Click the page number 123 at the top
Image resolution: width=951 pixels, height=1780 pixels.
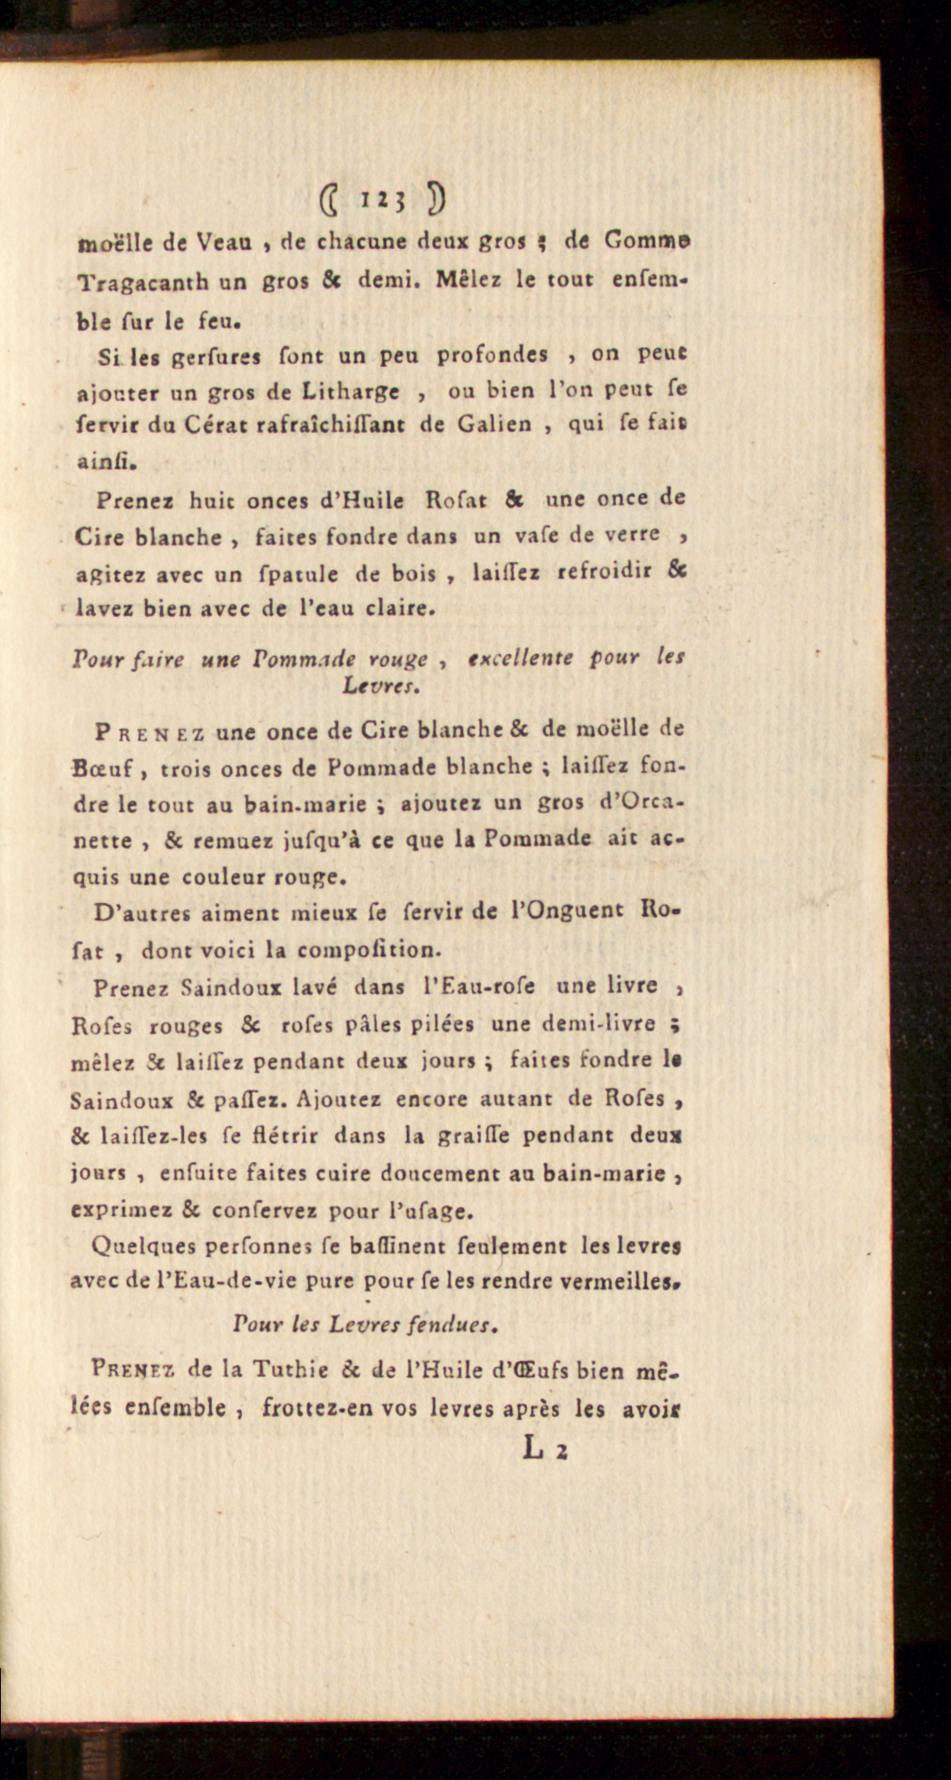tap(381, 201)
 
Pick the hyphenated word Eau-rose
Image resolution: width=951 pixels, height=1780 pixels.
tap(477, 986)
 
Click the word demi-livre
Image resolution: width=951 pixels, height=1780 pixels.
tap(596, 1024)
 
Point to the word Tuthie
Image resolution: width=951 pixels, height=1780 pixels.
tap(291, 1369)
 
